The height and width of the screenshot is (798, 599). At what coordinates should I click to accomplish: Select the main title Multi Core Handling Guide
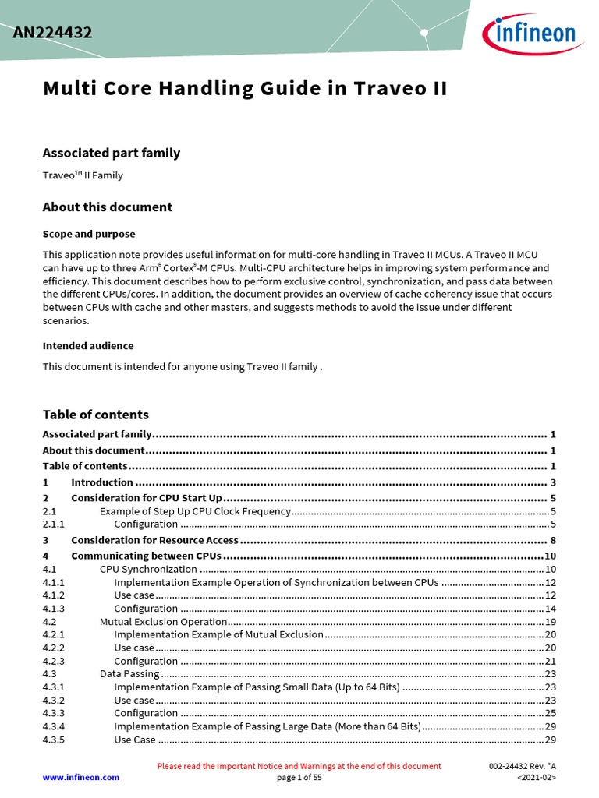244,88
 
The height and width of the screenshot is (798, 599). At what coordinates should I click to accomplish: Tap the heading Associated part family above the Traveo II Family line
111,153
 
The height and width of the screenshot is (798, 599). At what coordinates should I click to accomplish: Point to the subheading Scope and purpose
88,234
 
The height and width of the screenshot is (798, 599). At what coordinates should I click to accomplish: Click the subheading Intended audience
87,345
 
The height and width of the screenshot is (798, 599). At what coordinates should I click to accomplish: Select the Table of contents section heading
95,415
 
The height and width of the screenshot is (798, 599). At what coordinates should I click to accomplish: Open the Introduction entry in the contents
101,482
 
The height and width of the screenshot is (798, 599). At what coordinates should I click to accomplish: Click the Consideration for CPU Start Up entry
147,498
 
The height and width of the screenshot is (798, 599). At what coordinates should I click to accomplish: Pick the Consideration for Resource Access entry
154,540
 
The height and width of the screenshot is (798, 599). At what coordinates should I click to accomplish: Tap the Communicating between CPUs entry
146,556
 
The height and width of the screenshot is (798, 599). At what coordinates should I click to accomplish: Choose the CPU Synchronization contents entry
148,569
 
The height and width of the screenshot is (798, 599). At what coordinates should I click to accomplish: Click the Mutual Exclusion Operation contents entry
163,622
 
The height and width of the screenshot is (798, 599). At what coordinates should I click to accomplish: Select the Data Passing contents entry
129,673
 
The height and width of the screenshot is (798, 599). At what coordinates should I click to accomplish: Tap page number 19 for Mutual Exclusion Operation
549,622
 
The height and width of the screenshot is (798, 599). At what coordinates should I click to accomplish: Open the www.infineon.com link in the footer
80,777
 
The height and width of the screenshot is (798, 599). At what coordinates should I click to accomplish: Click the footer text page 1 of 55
299,777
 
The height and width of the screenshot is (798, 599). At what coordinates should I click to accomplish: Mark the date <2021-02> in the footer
536,777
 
